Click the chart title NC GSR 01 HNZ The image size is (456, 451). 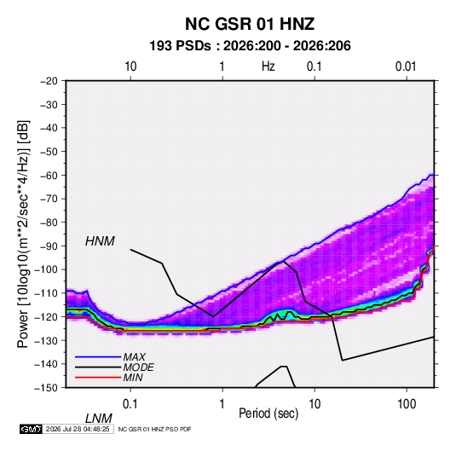tap(250, 24)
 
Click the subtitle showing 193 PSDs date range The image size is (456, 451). tap(250, 46)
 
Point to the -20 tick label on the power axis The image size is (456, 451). tap(49, 81)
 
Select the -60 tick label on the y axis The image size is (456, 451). tap(49, 175)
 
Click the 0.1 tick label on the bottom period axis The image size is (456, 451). tap(130, 404)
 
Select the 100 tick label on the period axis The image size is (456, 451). tap(407, 404)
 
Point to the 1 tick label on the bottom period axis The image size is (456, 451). tap(222, 404)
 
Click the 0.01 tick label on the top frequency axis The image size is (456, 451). tap(406, 66)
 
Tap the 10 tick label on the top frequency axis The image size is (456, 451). tap(130, 66)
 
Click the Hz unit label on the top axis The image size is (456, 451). tap(268, 66)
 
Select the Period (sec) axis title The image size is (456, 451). tap(268, 413)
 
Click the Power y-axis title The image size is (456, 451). tap(23, 234)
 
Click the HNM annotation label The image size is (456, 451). tap(100, 241)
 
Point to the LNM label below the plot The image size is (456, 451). tap(99, 419)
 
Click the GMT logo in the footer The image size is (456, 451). tap(32, 429)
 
